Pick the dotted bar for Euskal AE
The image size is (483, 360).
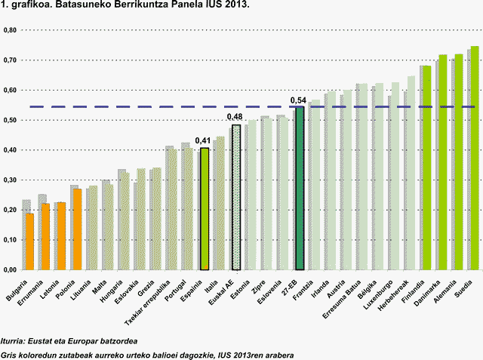[x=236, y=198]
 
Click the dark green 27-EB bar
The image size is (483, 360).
[x=300, y=189]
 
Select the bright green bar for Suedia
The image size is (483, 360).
[x=475, y=158]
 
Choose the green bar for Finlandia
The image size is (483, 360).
[x=427, y=168]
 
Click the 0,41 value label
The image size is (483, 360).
[x=203, y=140]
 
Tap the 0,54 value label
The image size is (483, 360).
[x=298, y=100]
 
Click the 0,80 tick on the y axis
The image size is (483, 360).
[x=10, y=30]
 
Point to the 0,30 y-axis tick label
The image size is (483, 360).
[x=10, y=180]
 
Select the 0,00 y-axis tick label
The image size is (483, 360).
[x=10, y=269]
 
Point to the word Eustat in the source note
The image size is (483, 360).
[x=44, y=342]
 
